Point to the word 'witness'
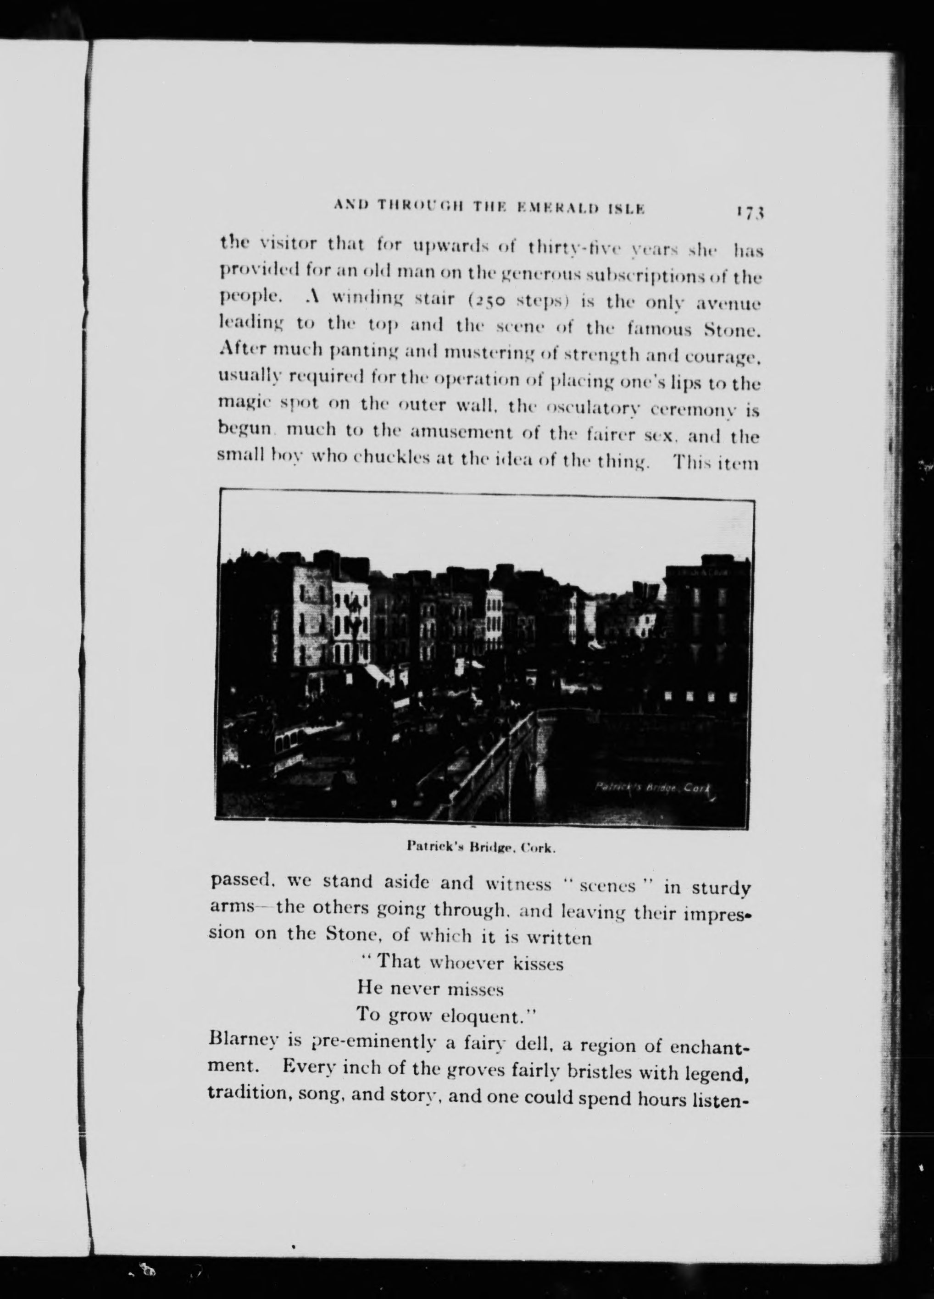tap(517, 885)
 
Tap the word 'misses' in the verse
tap(475, 989)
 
